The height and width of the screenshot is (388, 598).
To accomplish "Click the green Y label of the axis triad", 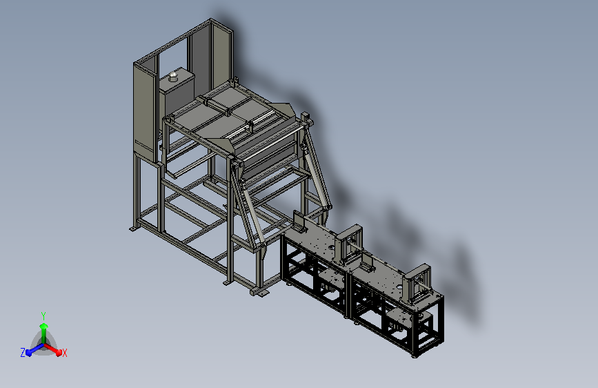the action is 43,316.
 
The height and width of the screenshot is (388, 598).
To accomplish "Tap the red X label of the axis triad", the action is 64,353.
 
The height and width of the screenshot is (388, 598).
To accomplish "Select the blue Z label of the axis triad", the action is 23,353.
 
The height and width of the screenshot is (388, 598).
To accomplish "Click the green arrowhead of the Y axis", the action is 44,327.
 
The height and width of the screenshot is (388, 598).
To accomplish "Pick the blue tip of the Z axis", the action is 29,352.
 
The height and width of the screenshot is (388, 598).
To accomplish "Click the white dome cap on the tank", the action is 173,75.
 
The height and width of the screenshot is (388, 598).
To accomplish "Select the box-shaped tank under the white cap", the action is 177,92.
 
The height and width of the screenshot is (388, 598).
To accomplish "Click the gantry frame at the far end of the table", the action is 417,282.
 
